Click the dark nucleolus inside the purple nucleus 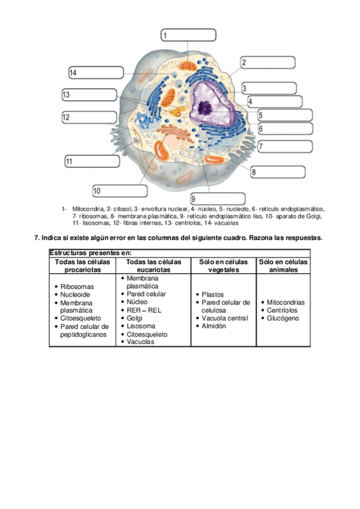coord(205,108)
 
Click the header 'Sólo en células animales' coord(283,266)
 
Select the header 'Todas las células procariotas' coord(82,266)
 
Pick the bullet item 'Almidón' coord(214,326)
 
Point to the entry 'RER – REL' coord(144,310)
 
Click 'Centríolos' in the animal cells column coord(282,310)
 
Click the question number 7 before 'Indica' coord(36,238)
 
